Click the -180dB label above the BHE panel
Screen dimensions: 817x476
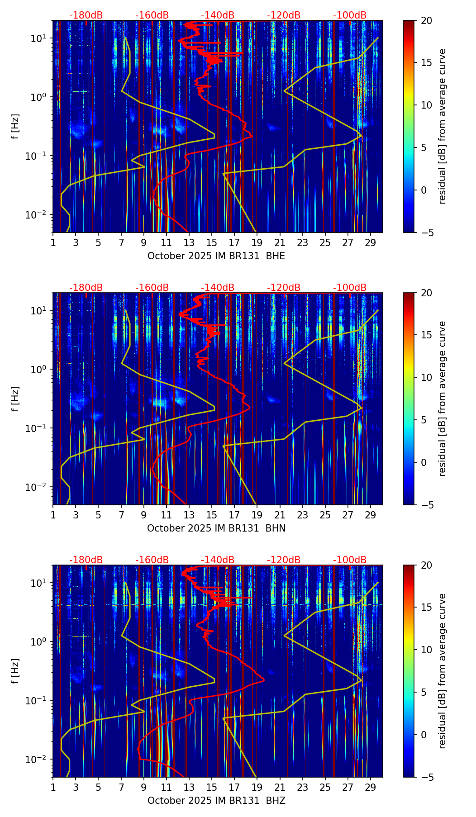tap(86, 15)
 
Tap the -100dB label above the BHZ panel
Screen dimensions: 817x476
tap(350, 560)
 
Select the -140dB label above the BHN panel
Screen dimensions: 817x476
tap(218, 288)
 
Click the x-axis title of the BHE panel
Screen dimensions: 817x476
tap(216, 256)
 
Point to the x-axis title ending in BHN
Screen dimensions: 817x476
tap(216, 528)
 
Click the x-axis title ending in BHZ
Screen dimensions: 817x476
tap(216, 801)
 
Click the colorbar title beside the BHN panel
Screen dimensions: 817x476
tap(443, 399)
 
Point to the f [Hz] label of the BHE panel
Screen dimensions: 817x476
tap(16, 127)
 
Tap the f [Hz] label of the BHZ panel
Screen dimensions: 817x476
tap(16, 671)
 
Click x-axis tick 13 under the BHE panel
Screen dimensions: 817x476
tap(189, 242)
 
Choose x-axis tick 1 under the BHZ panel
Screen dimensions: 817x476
tap(53, 787)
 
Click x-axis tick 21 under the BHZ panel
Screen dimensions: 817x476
tap(280, 787)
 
